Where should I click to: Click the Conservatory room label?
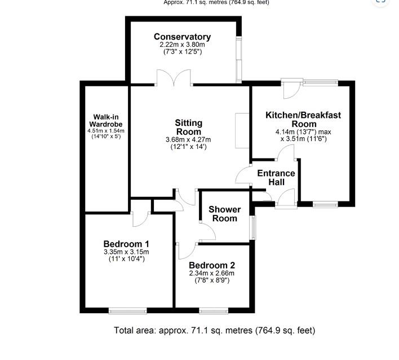pyautogui.click(x=183, y=37)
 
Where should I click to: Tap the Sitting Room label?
pyautogui.click(x=188, y=127)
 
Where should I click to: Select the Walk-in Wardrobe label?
pyautogui.click(x=105, y=121)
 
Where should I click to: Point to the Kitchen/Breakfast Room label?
pyautogui.click(x=303, y=120)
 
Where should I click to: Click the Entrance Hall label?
pyautogui.click(x=276, y=177)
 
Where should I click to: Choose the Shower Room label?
pyautogui.click(x=224, y=214)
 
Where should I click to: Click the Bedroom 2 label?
pyautogui.click(x=212, y=265)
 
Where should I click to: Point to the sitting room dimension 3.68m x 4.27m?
pyautogui.click(x=188, y=140)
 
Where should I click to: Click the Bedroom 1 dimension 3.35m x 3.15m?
pyautogui.click(x=126, y=252)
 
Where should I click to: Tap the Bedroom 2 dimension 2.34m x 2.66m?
pyautogui.click(x=212, y=274)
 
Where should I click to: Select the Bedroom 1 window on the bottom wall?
pyautogui.click(x=127, y=310)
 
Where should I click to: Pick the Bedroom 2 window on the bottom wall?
pyautogui.click(x=214, y=310)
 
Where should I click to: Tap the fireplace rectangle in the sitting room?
pyautogui.click(x=242, y=131)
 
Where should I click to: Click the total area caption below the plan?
pyautogui.click(x=214, y=330)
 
